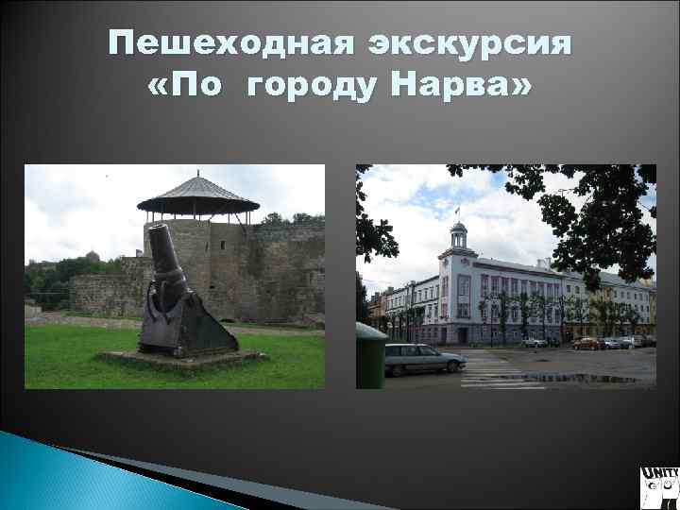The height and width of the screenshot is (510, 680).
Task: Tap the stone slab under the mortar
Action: pyautogui.click(x=179, y=360)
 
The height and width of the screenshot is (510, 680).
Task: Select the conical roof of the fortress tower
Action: pyautogui.click(x=198, y=195)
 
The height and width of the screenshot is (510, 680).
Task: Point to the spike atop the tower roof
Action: pyautogui.click(x=198, y=174)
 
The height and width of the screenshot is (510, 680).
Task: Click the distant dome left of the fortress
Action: pyautogui.click(x=91, y=255)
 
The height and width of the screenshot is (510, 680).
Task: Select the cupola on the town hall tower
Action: pyautogui.click(x=459, y=230)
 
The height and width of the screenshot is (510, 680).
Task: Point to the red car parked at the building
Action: pyautogui.click(x=586, y=343)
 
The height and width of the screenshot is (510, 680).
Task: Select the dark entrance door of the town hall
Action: pyautogui.click(x=463, y=335)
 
